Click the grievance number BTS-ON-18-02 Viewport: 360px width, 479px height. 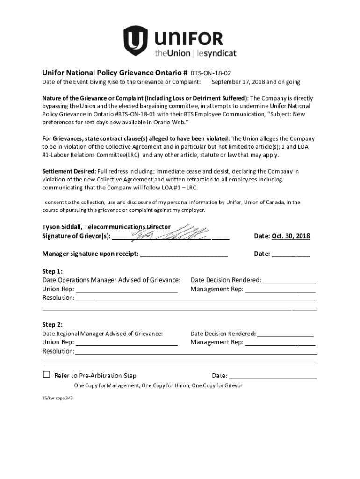pyautogui.click(x=210, y=73)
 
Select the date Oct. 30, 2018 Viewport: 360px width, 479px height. pyautogui.click(x=290, y=236)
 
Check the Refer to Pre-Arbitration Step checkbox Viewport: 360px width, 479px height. pyautogui.click(x=46, y=375)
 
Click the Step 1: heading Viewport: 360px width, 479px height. pyautogui.click(x=52, y=271)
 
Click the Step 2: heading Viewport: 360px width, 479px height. pyautogui.click(x=52, y=325)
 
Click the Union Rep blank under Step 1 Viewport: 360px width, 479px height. pyautogui.click(x=126, y=290)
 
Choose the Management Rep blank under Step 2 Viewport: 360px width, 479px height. pyautogui.click(x=280, y=343)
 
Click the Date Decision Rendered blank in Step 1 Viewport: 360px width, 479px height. pyautogui.click(x=289, y=281)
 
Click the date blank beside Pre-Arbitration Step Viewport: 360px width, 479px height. pyautogui.click(x=273, y=376)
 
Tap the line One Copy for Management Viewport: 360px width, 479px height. pyautogui.click(x=158, y=386)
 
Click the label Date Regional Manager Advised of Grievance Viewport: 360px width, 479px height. pyautogui.click(x=103, y=334)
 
